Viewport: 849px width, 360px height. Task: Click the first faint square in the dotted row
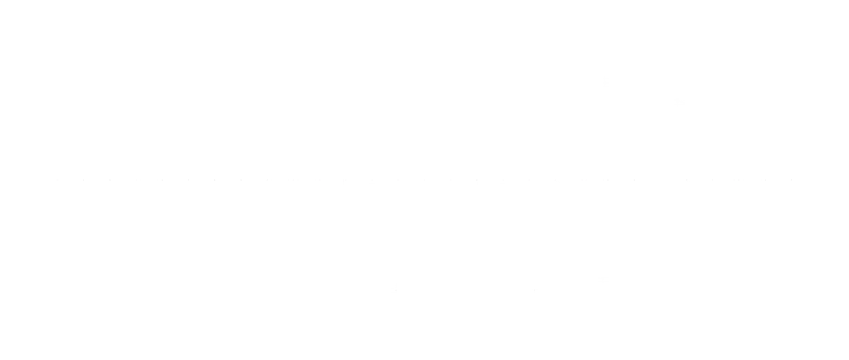[57, 182]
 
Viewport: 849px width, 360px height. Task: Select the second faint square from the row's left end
[84, 182]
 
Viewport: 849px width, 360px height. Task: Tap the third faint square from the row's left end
[111, 182]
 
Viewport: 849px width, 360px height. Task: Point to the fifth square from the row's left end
[160, 182]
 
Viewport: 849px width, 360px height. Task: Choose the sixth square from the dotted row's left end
[187, 182]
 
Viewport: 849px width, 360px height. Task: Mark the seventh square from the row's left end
[215, 182]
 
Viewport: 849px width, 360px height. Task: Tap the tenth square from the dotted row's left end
[293, 182]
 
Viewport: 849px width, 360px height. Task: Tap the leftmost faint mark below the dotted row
[394, 288]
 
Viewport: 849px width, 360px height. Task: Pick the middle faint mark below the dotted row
[534, 289]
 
